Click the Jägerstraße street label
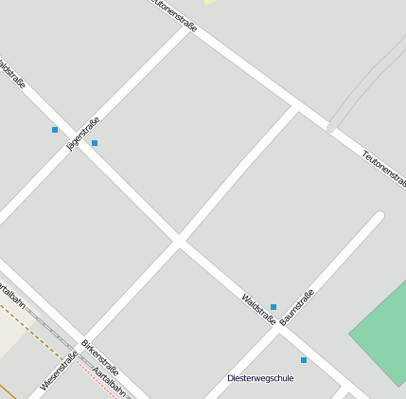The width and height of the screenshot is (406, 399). pos(82,134)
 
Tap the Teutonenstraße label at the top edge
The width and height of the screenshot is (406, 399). pos(173,14)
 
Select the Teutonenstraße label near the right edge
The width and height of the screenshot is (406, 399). pos(383,167)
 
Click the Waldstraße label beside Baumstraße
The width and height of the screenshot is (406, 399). pos(257,310)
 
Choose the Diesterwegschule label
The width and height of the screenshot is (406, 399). pos(260,378)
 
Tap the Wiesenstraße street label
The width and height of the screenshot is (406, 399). pos(59,372)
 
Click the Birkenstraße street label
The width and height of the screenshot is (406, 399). pos(99,356)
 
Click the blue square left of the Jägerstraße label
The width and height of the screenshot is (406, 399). pos(55,130)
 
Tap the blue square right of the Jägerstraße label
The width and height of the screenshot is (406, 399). pos(95,143)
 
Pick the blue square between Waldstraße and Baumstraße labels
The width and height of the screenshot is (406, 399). pos(274,307)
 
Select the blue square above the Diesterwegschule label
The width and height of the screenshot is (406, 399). pos(304,360)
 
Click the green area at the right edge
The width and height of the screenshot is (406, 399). pos(383,327)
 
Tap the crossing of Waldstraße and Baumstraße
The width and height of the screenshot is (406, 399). pos(281,331)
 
